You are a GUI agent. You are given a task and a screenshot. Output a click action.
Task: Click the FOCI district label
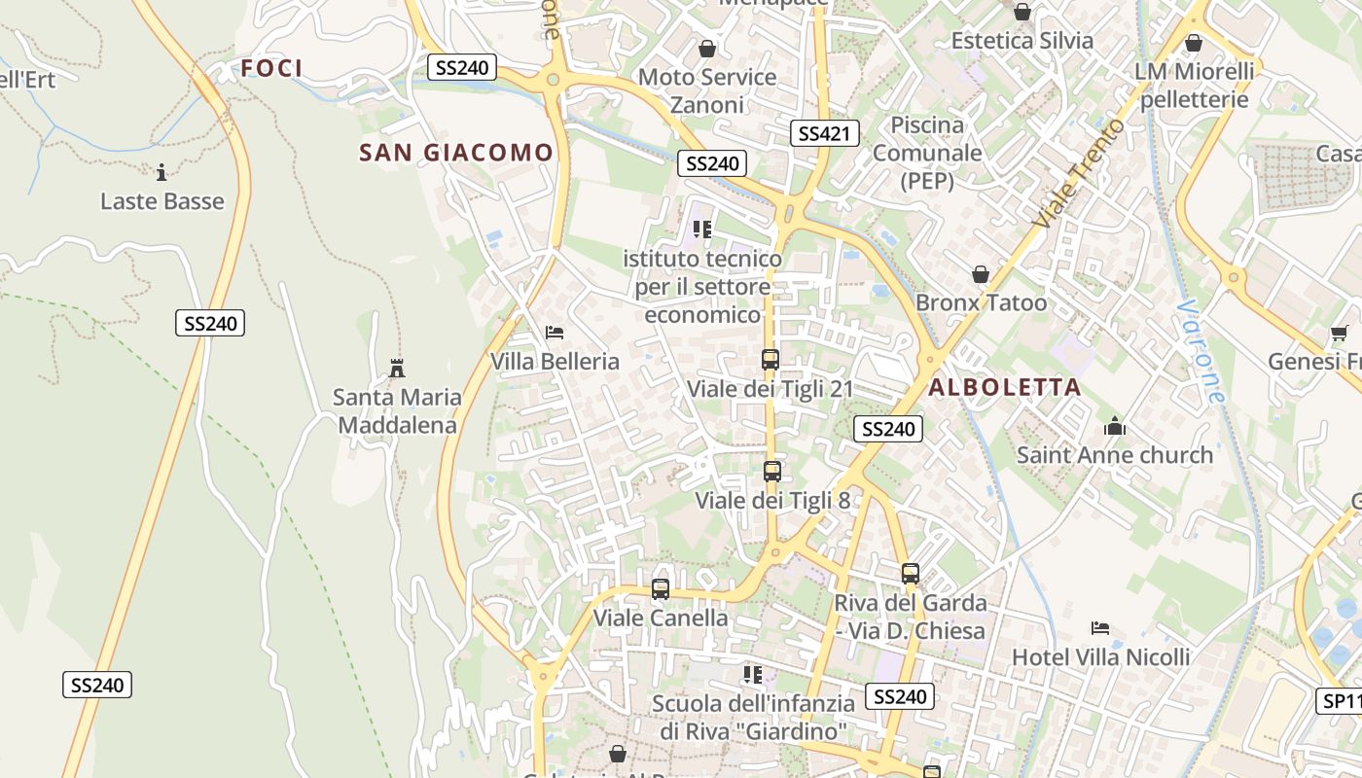(x=271, y=68)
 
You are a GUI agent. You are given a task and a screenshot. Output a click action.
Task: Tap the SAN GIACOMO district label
(x=455, y=153)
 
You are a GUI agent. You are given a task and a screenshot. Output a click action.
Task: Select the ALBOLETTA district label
(x=1005, y=387)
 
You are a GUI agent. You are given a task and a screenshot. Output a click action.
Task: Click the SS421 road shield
(x=825, y=134)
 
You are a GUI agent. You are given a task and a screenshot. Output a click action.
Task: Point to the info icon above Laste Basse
(x=161, y=173)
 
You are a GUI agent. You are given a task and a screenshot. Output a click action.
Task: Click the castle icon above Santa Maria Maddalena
(x=397, y=369)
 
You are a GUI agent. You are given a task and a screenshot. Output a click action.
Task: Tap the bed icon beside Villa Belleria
(x=555, y=333)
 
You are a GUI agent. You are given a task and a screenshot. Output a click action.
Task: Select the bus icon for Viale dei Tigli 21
(x=771, y=360)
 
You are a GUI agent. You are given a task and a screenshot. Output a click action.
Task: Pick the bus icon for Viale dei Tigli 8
(x=772, y=472)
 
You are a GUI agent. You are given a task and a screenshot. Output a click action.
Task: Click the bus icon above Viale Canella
(x=661, y=589)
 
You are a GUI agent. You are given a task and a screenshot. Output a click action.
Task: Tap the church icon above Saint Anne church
(x=1115, y=426)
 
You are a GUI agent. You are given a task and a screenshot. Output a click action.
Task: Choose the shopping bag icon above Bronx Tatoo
(x=981, y=275)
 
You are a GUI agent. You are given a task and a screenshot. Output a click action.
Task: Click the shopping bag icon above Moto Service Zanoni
(x=707, y=48)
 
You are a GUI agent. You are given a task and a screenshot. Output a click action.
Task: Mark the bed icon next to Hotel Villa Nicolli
(x=1100, y=628)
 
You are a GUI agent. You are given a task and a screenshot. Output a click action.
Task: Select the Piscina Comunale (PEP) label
(x=927, y=153)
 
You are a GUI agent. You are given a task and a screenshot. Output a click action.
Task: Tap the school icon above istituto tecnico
(x=702, y=230)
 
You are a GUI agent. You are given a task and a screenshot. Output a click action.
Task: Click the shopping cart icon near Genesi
(x=1340, y=334)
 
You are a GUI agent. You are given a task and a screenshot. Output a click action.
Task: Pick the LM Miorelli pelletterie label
(x=1195, y=86)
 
